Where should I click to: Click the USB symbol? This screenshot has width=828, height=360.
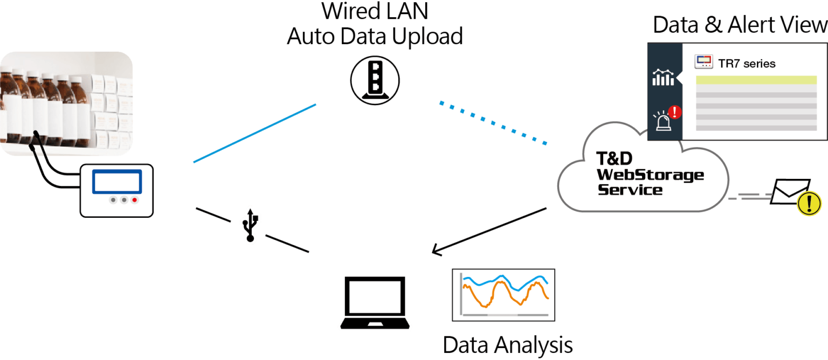tap(251, 225)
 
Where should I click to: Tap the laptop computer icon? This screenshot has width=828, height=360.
tap(375, 302)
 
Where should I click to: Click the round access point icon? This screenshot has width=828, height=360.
tap(375, 81)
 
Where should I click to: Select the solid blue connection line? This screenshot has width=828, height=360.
tap(254, 133)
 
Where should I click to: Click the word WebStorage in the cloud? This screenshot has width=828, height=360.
tap(650, 175)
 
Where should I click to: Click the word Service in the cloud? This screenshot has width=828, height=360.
tap(630, 190)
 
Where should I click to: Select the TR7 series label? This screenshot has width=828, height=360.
tap(747, 64)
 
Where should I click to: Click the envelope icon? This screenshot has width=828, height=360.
tap(790, 191)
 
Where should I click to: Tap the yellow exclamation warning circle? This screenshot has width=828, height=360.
tap(809, 204)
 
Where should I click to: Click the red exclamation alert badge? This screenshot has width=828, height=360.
tap(674, 112)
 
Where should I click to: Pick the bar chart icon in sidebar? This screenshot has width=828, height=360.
tap(663, 78)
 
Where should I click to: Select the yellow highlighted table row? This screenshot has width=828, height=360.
tap(756, 80)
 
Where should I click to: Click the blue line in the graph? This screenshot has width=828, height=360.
tap(504, 280)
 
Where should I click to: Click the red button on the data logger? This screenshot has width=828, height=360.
tap(135, 200)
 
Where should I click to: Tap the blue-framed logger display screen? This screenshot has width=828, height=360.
tap(117, 182)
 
